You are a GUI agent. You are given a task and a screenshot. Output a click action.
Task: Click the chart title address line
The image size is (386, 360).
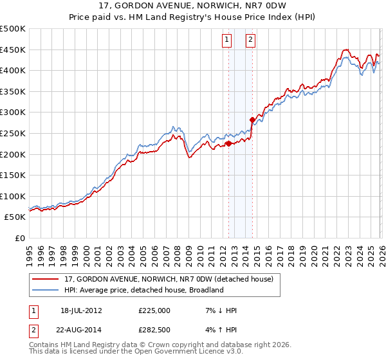click(192, 6)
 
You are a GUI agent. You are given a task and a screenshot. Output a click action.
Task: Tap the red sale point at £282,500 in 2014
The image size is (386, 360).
click(252, 119)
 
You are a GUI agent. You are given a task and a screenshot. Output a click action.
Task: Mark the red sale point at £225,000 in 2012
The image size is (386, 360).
click(228, 143)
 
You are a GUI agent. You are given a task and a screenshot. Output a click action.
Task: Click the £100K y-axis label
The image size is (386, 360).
click(13, 196)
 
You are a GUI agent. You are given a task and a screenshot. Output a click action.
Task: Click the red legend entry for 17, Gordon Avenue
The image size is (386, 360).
click(169, 279)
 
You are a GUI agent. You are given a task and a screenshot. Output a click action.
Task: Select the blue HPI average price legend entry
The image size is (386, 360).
click(143, 290)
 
